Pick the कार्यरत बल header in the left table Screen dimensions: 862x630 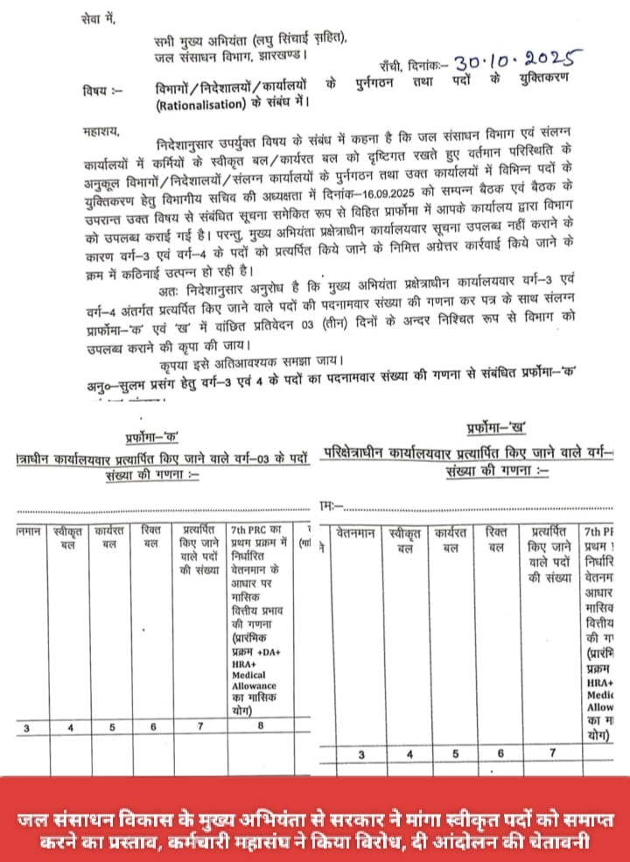point(111,536)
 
